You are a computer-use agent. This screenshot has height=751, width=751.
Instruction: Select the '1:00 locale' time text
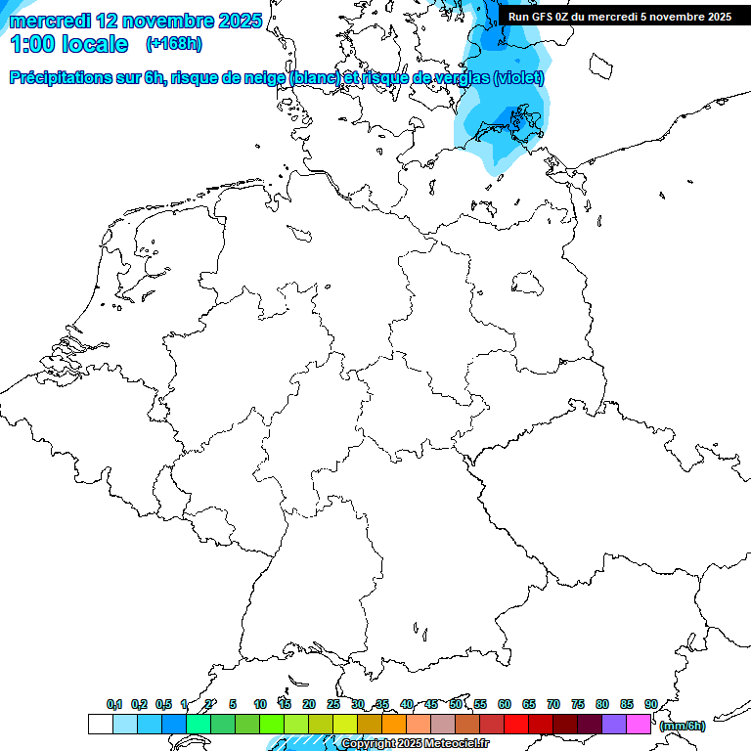[x=67, y=44]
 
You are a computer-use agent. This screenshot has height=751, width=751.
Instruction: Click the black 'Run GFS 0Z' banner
[x=619, y=16]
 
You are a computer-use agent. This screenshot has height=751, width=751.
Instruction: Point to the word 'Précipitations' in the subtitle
[x=61, y=78]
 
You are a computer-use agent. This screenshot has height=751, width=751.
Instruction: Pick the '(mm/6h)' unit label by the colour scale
[x=682, y=726]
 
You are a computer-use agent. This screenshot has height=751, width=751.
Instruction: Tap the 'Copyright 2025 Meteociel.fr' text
[x=415, y=744]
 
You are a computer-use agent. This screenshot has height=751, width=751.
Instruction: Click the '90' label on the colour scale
[x=650, y=704]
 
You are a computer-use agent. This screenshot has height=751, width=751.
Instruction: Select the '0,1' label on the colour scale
[x=113, y=704]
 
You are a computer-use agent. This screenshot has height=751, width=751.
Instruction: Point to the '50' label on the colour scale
[x=456, y=704]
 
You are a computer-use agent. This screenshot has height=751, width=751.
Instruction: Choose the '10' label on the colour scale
[x=260, y=704]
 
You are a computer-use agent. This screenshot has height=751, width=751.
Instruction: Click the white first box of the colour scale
[x=100, y=724]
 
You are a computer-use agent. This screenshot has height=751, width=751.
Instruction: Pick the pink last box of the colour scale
[x=639, y=724]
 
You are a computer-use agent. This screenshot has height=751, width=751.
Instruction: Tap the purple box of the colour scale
[x=614, y=724]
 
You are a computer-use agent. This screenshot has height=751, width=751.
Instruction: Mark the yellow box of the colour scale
[x=344, y=724]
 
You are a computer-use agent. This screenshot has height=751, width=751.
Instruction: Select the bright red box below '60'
[x=516, y=724]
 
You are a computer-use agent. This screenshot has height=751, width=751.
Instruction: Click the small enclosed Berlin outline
[x=529, y=284]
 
